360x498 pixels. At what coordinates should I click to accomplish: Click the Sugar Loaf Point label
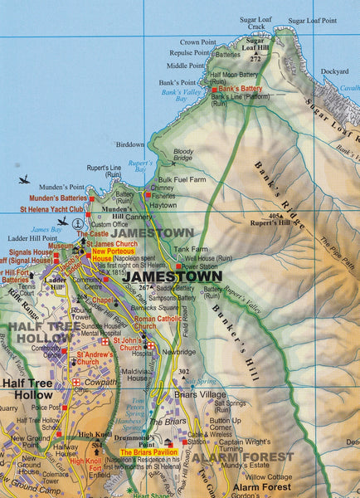point(311,18)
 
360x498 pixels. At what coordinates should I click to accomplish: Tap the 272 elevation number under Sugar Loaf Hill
point(255,59)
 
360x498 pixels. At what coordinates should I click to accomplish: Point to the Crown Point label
point(197,41)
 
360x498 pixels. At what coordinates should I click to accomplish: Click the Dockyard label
point(334,72)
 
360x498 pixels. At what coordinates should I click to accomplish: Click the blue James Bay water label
point(46,229)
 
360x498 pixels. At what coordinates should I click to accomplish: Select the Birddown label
point(129,144)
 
